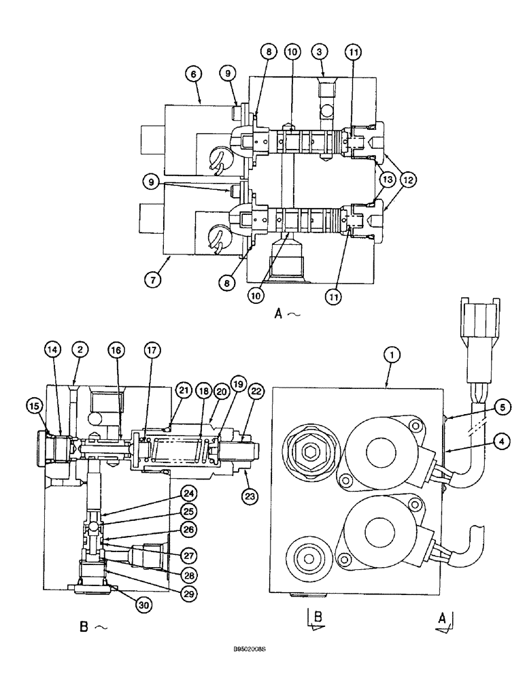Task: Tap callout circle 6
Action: point(194,77)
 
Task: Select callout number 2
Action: point(80,350)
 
